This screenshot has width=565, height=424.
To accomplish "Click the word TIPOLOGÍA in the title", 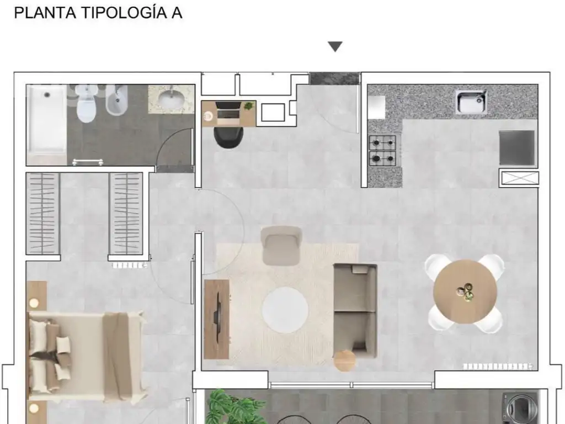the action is coord(122,12).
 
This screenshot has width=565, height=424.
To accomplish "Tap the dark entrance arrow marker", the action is coord(335,46).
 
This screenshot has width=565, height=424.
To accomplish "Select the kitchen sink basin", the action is coord(471,102).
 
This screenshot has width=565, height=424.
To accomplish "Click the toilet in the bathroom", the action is coord(87,104).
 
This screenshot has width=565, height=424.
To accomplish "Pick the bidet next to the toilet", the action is coord(116,100).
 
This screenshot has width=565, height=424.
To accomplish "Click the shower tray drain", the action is coord(47,95).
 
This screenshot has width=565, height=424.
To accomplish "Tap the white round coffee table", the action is coord(285,310).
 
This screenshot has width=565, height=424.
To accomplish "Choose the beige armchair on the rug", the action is coord(281,246).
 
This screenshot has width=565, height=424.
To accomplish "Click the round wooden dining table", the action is coord(465,291).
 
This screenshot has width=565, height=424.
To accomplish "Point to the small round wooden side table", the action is coord(345,361).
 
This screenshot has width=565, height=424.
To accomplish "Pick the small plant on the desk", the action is coord(249,106).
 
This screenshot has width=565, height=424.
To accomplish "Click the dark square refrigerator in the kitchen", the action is coord(516,148).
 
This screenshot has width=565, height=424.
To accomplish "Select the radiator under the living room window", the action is coord(498,367).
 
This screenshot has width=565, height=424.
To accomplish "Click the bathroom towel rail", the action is coord(88,162).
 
